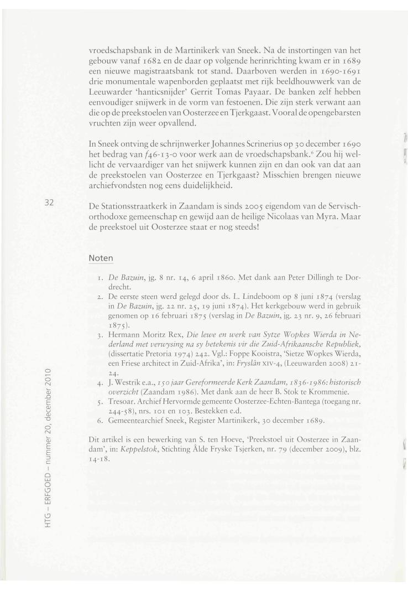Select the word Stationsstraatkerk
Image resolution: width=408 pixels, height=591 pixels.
[135, 206]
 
